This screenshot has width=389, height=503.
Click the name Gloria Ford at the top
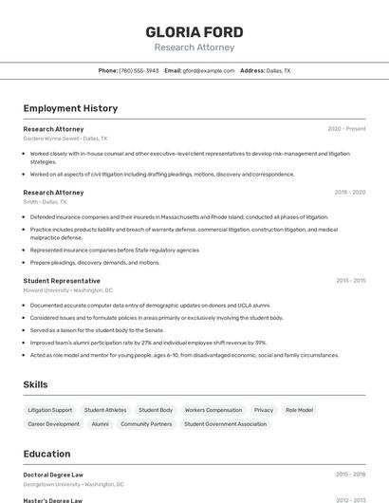click(194, 32)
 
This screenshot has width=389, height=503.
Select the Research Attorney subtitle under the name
click(194, 47)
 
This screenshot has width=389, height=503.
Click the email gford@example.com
click(208, 70)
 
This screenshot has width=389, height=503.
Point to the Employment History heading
click(70, 108)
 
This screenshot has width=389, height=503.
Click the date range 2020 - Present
click(346, 128)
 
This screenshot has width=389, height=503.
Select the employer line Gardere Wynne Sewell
click(65, 139)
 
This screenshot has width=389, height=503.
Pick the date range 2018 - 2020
click(349, 192)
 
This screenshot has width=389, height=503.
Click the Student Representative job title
click(62, 281)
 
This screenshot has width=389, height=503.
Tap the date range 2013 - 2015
click(350, 281)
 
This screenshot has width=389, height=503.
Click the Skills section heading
click(35, 384)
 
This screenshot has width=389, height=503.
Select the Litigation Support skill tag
click(49, 410)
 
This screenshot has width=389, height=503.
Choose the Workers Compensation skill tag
click(213, 410)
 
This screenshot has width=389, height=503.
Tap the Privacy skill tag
click(264, 410)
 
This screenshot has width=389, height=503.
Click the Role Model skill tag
click(299, 410)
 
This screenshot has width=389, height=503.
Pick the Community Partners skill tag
click(146, 424)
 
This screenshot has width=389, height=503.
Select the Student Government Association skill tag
click(226, 424)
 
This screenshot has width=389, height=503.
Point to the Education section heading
click(46, 454)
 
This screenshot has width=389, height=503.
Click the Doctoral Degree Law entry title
click(53, 475)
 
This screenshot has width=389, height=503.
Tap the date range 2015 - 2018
click(350, 475)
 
